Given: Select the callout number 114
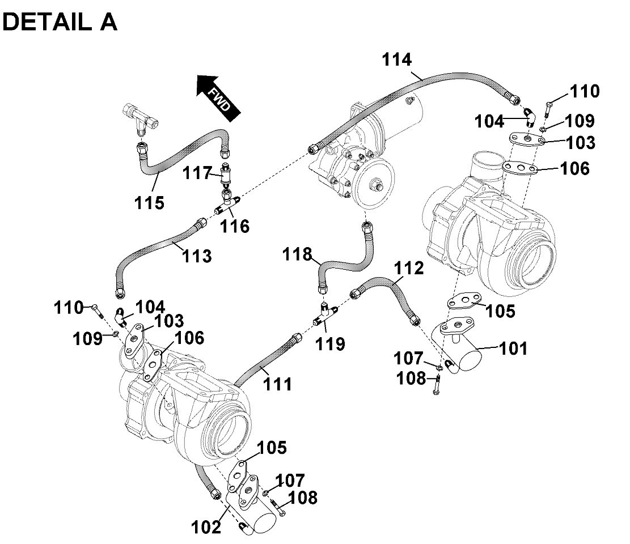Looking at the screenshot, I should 396,60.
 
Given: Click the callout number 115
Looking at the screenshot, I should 150,202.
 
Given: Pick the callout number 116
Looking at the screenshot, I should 235,226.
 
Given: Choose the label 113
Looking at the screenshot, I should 197,256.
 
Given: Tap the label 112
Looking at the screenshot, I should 410,269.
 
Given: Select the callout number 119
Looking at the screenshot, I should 331,343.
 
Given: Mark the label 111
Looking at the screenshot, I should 277,384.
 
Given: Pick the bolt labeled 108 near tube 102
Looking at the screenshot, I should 277,507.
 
